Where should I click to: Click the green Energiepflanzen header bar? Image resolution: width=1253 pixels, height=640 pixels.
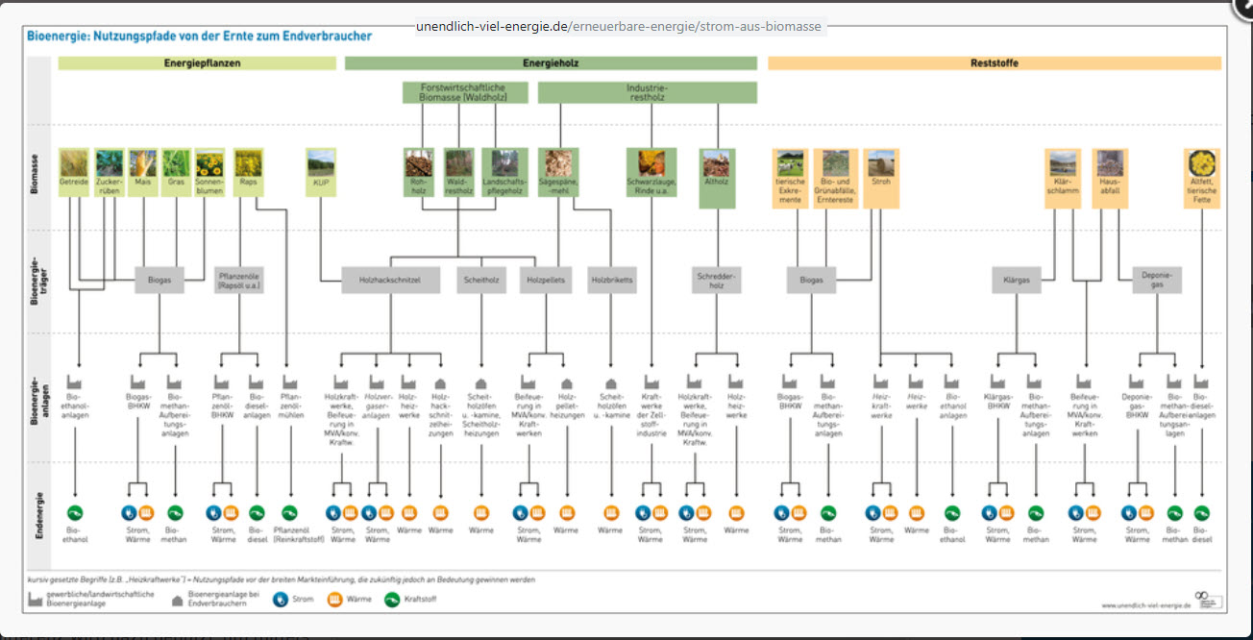point(196,63)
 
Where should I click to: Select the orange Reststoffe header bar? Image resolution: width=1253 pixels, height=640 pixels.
point(994,63)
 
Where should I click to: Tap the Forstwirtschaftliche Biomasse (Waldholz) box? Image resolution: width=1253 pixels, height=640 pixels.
point(466,92)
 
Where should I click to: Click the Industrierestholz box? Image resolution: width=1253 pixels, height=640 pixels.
point(647,92)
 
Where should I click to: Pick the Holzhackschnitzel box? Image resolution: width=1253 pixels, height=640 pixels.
point(390,280)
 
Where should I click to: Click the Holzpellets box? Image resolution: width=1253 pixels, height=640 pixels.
point(546,280)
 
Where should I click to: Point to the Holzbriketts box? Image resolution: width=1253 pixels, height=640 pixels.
point(612,280)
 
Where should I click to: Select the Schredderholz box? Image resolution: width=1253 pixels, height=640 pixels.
point(715,280)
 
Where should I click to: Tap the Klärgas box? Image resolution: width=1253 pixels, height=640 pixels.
point(1017,280)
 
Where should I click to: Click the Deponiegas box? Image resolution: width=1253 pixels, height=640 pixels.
point(1157,280)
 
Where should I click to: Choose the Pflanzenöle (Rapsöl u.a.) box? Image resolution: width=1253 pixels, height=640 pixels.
point(238,280)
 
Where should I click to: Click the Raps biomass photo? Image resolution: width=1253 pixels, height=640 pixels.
point(248,161)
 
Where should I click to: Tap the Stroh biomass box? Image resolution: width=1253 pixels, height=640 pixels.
point(881,178)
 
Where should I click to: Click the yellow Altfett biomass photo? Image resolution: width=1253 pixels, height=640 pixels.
point(1201,161)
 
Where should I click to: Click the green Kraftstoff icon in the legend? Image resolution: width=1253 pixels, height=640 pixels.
point(393,600)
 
